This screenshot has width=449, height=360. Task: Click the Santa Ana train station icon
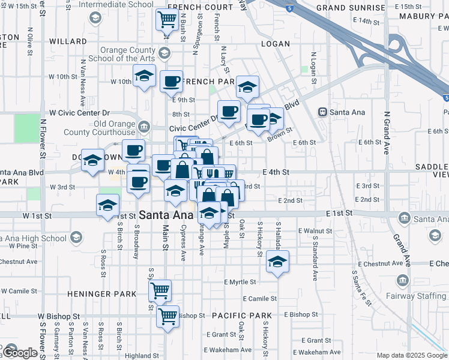[322, 112]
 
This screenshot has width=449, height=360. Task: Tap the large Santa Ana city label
[164, 214]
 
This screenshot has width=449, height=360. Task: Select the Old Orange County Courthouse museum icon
[143, 126]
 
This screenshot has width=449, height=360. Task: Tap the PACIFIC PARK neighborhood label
[241, 316]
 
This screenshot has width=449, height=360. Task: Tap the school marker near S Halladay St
[277, 262]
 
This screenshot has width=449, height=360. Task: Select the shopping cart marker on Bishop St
[167, 315]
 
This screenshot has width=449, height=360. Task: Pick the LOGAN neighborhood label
[276, 44]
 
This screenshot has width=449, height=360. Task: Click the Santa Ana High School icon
[76, 238]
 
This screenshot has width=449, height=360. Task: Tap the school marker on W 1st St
[107, 205]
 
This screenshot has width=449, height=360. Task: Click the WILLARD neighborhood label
[68, 41]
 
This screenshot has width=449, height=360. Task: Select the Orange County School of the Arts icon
[163, 53]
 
